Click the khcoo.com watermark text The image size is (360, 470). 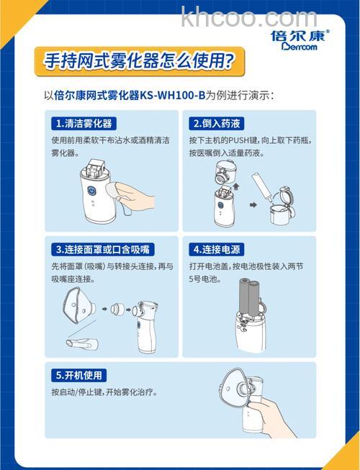(x=248, y=17)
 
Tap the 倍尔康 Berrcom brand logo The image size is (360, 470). (x=300, y=40)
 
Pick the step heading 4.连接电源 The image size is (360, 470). (x=216, y=249)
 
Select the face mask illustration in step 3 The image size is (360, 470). (x=74, y=310)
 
